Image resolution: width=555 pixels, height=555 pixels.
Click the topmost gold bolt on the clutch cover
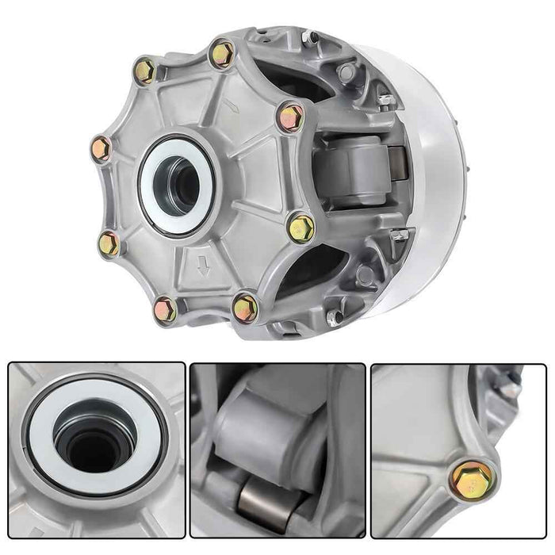coord(223,54)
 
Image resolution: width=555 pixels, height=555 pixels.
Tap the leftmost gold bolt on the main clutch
coord(101,147)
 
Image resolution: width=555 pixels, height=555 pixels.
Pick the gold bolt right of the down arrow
coord(246,307)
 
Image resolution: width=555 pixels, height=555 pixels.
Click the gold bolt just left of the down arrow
coord(165,309)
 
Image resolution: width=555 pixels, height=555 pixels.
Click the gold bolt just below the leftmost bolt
coord(110,243)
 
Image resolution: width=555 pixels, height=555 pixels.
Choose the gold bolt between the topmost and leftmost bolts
coord(146,71)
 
